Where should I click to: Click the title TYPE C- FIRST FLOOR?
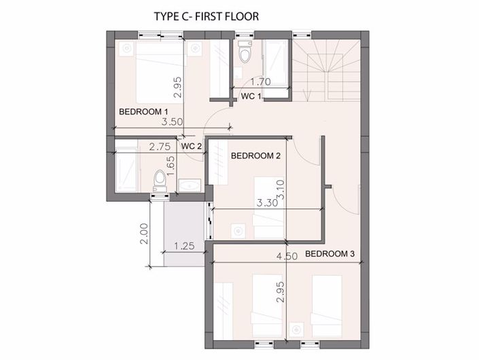[x=207, y=16]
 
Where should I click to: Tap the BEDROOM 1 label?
[x=143, y=112]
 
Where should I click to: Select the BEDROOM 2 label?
[x=255, y=156]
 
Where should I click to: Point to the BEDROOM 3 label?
[x=330, y=254]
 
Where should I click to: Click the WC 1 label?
[x=251, y=96]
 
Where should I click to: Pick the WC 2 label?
[x=192, y=146]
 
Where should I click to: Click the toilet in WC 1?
[x=245, y=52]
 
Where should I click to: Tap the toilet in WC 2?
[x=160, y=181]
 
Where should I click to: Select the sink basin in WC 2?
[x=190, y=185]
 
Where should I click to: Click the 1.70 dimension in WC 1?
[x=261, y=82]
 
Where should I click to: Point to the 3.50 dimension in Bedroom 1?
[x=173, y=122]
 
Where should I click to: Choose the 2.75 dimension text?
[x=160, y=147]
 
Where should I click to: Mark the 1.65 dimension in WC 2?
[x=171, y=166]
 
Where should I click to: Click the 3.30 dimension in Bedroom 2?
[x=267, y=202]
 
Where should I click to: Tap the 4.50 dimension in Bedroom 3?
[x=287, y=256]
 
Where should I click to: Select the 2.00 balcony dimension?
[x=144, y=234]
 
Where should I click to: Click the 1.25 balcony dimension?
[x=184, y=246]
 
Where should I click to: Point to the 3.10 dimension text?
[x=281, y=190]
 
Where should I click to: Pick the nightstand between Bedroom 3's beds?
[x=296, y=329]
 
